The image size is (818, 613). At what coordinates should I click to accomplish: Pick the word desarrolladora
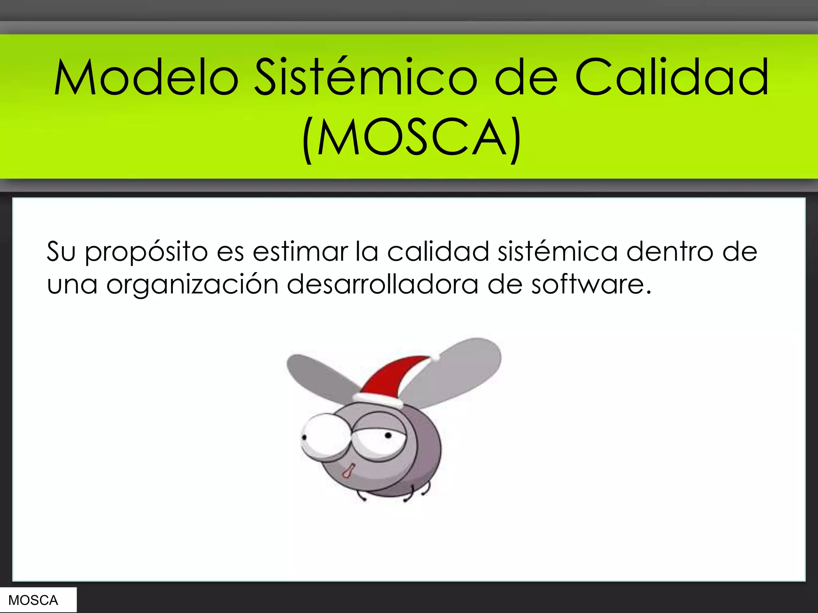tap(382, 284)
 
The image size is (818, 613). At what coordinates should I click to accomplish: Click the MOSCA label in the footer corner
tap(33, 600)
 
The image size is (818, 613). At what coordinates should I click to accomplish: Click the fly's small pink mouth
tap(347, 471)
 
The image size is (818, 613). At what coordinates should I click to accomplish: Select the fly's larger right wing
tap(459, 371)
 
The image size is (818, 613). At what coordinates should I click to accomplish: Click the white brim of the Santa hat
tap(377, 399)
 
